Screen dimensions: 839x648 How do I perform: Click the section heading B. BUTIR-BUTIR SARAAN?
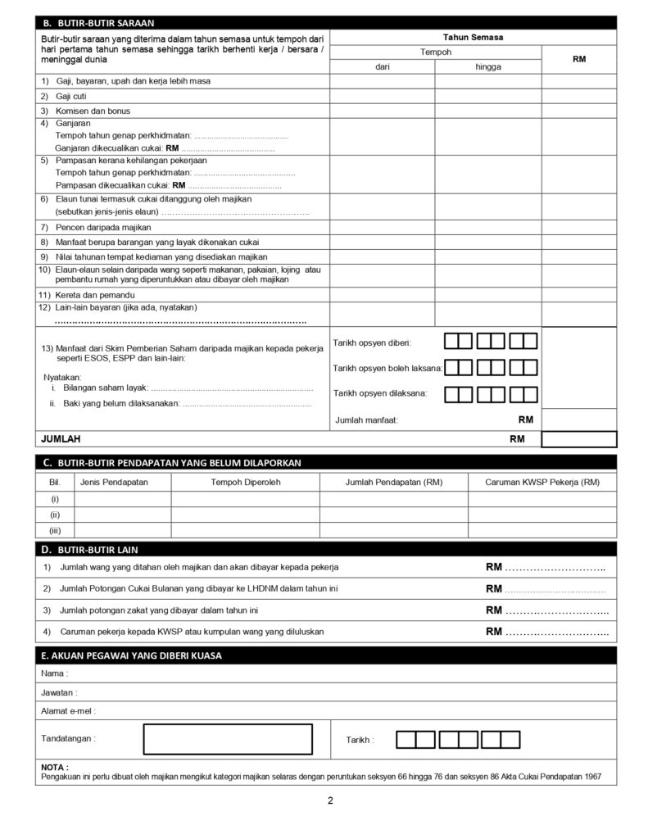click(x=98, y=23)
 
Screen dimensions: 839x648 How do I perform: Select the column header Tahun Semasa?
click(x=473, y=37)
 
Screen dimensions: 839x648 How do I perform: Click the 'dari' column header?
click(x=382, y=66)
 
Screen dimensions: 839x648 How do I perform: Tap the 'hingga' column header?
click(x=487, y=66)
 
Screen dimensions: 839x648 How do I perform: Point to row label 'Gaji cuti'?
click(x=71, y=96)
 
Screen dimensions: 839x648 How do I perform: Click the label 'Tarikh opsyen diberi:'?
click(x=372, y=342)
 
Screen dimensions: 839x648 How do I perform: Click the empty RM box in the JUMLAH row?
click(x=578, y=439)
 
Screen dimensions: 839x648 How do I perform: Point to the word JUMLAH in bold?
click(x=61, y=439)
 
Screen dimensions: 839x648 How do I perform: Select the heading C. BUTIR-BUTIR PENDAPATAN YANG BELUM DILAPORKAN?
click(x=172, y=463)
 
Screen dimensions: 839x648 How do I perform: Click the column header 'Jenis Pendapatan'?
click(x=114, y=483)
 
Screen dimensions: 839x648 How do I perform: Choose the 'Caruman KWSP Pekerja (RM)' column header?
click(x=542, y=483)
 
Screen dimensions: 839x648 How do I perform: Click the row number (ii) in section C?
click(x=55, y=515)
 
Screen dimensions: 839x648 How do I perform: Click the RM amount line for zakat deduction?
click(x=556, y=610)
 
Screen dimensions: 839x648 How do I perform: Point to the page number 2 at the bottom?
click(x=330, y=800)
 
